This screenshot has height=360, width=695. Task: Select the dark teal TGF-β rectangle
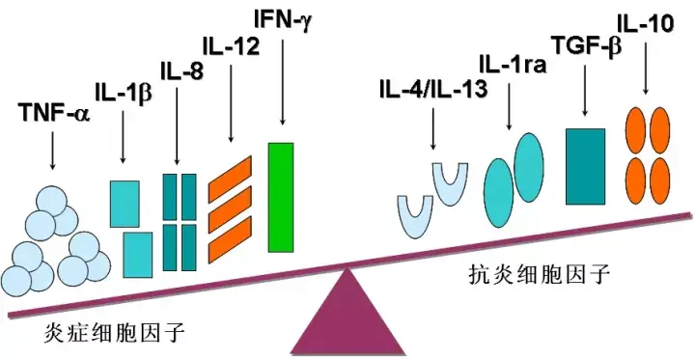click(x=585, y=165)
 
